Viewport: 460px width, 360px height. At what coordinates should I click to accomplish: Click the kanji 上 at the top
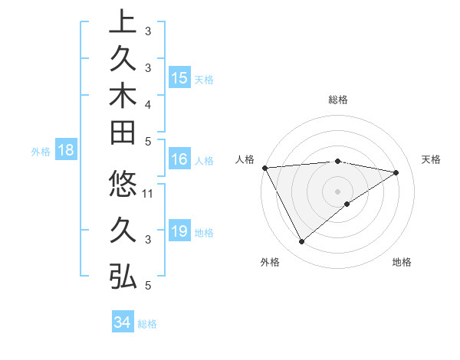123,23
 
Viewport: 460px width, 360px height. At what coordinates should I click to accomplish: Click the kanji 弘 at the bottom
123,277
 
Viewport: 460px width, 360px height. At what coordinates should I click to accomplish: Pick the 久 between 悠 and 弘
123,231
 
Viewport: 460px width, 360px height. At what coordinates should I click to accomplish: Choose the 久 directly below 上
123,60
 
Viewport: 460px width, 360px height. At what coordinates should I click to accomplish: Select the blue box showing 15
179,78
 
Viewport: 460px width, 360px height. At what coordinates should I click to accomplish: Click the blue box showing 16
179,160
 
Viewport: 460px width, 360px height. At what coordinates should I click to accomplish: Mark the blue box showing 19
179,232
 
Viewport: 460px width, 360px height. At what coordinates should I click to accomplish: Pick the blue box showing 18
65,151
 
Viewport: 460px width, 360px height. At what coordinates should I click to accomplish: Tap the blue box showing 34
122,322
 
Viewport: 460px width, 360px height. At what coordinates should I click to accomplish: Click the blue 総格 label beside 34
147,324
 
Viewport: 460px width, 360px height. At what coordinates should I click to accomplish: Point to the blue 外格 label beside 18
41,152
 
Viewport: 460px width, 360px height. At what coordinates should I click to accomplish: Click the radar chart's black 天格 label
431,159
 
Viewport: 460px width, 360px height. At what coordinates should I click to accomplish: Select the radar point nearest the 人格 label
264,167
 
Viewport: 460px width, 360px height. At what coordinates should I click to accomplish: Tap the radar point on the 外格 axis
301,242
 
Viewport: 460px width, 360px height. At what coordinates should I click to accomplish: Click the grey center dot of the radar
337,191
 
